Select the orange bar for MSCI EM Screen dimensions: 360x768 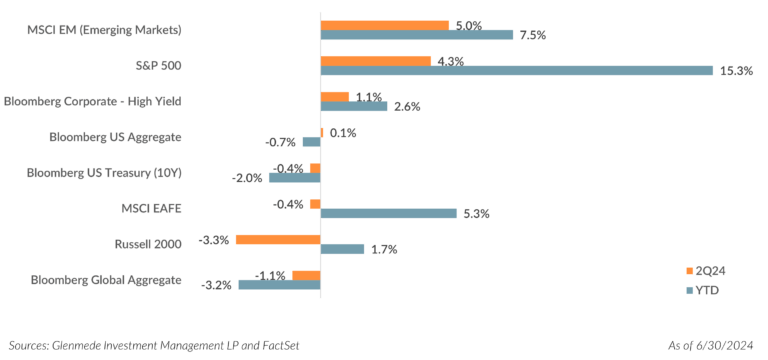click(x=385, y=24)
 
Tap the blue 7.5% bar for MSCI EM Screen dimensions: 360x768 click(x=416, y=36)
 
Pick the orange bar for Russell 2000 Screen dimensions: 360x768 click(x=277, y=239)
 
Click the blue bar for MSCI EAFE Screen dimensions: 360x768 click(x=388, y=213)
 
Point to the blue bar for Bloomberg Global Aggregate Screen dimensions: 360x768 click(x=278, y=285)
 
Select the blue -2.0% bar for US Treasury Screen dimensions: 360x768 click(x=293, y=178)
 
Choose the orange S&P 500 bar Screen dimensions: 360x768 click(x=376, y=60)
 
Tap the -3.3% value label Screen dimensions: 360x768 click(x=215, y=239)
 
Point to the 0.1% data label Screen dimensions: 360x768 click(x=343, y=133)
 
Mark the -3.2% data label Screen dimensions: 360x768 click(x=217, y=285)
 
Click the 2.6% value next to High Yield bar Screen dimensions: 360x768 click(x=406, y=107)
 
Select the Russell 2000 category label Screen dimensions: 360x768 click(x=150, y=243)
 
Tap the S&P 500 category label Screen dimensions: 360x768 click(x=157, y=65)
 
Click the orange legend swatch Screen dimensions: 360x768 click(x=689, y=271)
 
